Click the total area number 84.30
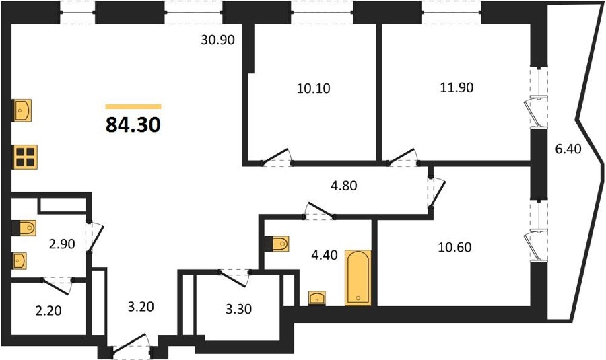click(133, 124)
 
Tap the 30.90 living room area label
click(218, 40)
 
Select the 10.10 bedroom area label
click(313, 88)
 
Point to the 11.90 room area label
click(457, 87)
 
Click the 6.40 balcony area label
click(568, 149)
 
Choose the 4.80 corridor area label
click(344, 186)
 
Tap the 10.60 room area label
click(455, 247)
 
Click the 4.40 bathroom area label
click(325, 255)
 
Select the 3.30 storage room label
click(239, 309)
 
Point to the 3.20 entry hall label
click(141, 307)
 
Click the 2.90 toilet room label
click(62, 244)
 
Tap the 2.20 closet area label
click(48, 310)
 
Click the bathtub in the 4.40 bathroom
click(358, 278)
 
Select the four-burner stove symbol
click(26, 157)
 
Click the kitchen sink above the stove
click(22, 110)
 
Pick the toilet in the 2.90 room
click(24, 228)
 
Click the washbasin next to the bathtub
click(317, 298)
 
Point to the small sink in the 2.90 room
click(19, 260)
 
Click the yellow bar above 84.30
click(133, 106)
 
